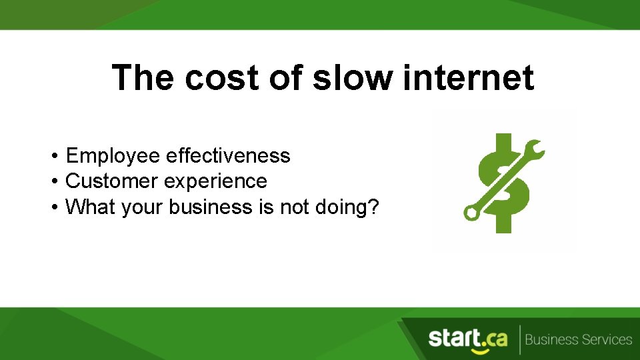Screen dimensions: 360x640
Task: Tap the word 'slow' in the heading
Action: coord(353,78)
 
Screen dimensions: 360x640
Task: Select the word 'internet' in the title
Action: coord(469,78)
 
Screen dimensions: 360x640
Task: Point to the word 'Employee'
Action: coord(113,157)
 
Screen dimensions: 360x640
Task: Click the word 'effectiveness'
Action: coord(228,156)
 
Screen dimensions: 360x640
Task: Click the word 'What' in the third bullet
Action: coord(90,207)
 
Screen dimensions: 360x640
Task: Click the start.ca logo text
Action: coord(467,338)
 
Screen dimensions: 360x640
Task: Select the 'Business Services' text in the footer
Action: coord(578,340)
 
